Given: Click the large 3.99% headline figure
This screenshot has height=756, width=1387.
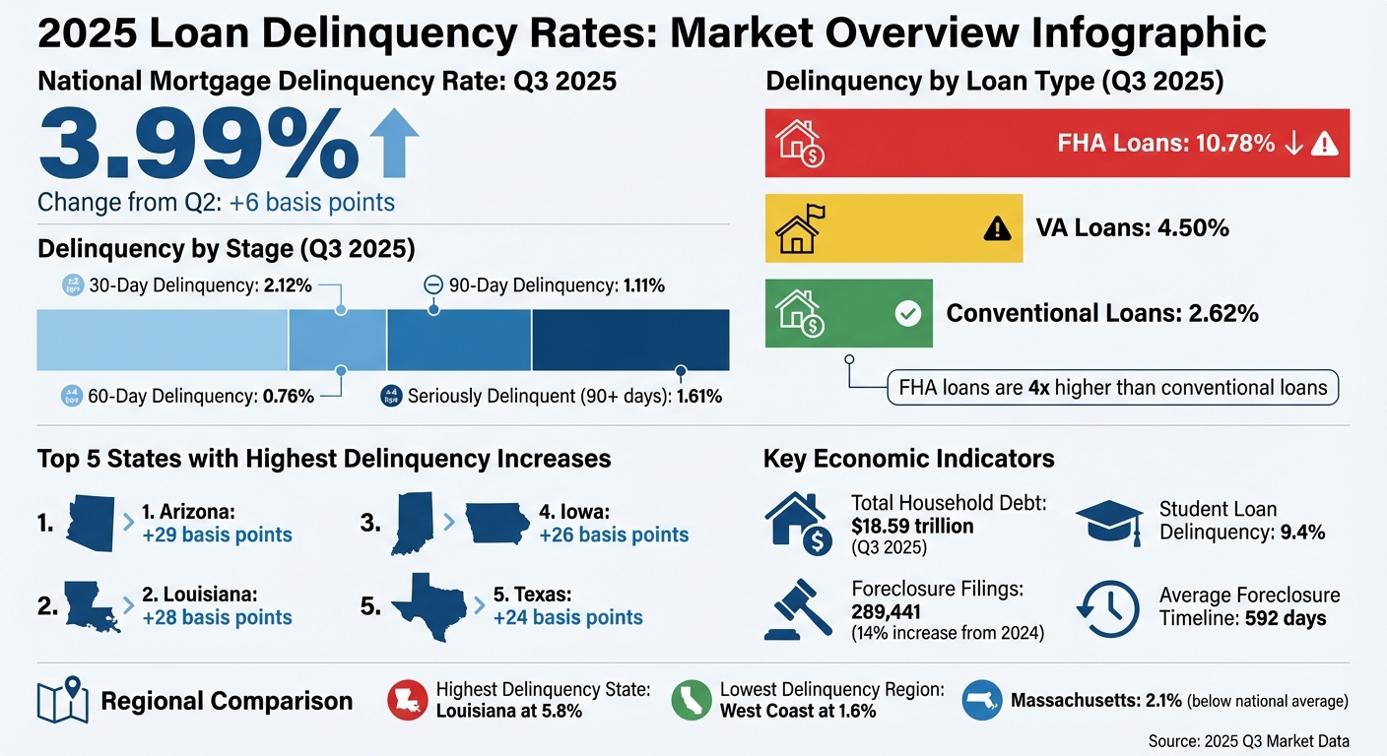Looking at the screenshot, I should [197, 145].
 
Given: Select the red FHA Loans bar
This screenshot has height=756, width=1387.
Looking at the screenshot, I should [1057, 143].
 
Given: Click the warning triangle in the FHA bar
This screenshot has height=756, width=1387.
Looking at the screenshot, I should [1325, 145].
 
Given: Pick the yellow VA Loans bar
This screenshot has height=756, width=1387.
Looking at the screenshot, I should [893, 228].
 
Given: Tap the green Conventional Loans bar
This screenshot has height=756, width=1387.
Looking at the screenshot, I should [848, 313].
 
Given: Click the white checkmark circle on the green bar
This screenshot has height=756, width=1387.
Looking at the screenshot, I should [906, 314].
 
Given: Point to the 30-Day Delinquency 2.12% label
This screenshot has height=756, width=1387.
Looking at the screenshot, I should [187, 286].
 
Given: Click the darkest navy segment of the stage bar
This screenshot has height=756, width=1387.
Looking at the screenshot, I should [630, 340].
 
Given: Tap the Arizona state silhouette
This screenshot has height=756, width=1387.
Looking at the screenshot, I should [91, 523].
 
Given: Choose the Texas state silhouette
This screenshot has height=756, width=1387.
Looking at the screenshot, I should [429, 606].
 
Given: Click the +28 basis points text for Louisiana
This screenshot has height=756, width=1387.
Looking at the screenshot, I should [217, 618].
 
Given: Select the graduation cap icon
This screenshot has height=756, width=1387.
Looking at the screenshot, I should [1108, 521].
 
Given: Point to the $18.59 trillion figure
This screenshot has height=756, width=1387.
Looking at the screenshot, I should [912, 526].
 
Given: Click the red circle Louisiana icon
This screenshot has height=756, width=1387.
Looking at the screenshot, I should [407, 701].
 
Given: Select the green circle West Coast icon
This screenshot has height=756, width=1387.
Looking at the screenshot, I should [692, 701].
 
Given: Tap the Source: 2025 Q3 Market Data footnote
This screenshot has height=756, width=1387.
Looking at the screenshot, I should [1248, 741].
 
